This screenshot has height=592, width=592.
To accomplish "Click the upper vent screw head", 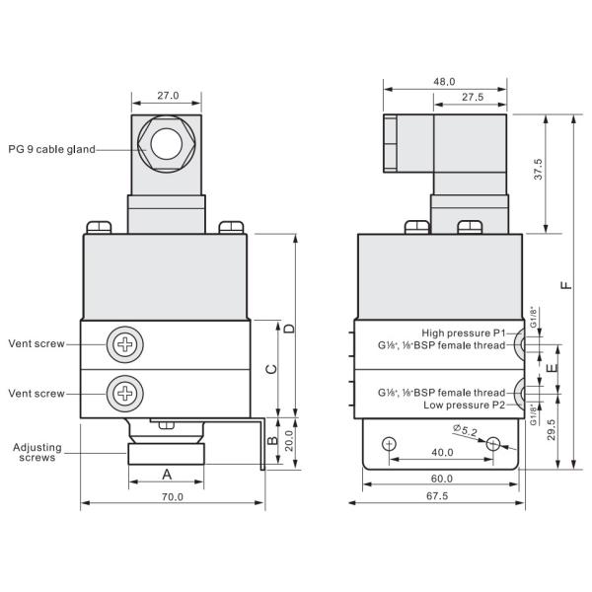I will click(x=126, y=343).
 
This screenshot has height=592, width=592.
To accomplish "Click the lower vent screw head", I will click(x=126, y=393).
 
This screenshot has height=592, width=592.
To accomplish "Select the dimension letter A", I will click(x=166, y=474).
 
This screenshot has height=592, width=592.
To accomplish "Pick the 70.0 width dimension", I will click(x=173, y=496).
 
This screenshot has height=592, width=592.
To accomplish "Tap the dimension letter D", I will click(x=288, y=327).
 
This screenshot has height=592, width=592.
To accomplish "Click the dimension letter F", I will click(x=564, y=286).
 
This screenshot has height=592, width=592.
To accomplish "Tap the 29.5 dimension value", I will click(x=549, y=430).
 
